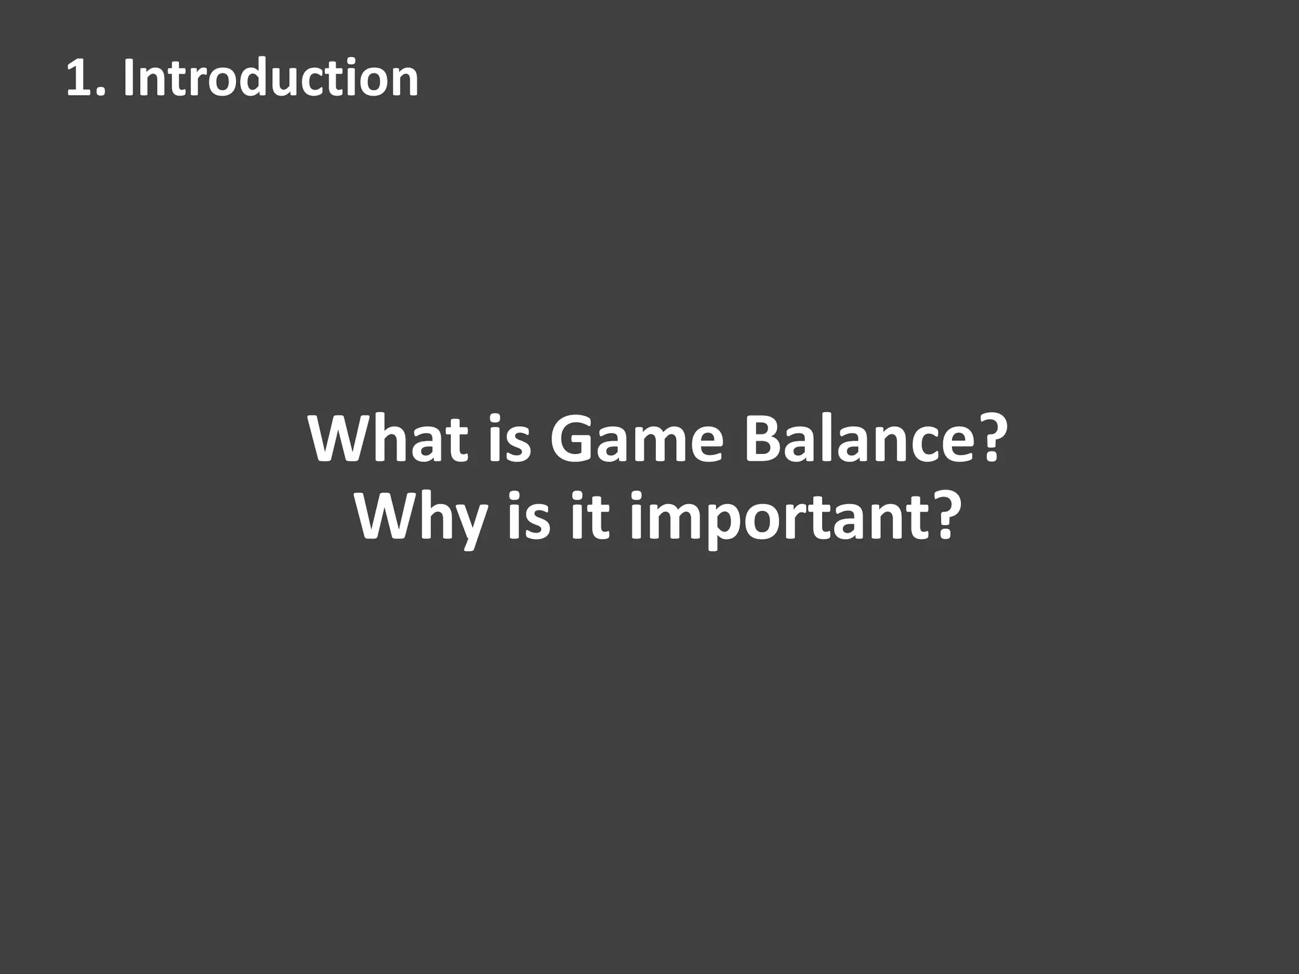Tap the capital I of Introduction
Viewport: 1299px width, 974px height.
(128, 78)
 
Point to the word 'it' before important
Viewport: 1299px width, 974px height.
(590, 517)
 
